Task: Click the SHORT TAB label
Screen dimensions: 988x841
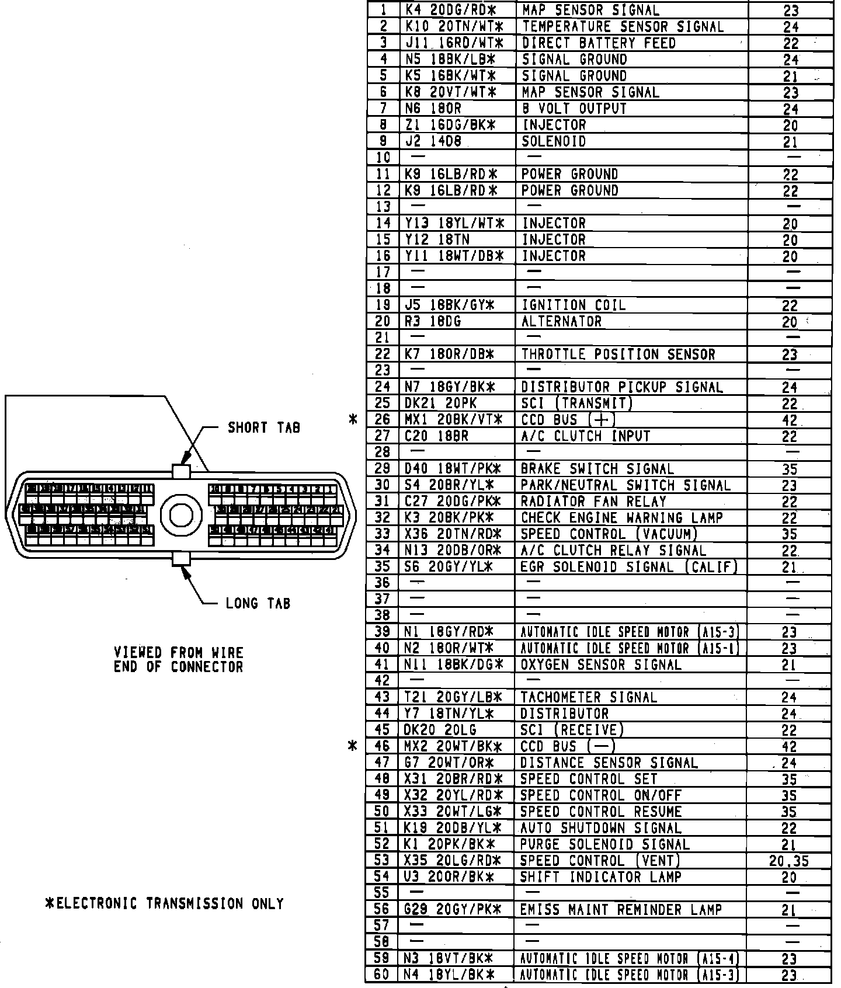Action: [x=263, y=428]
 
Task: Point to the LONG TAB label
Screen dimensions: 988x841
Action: [x=258, y=603]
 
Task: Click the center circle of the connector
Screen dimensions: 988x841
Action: [x=181, y=514]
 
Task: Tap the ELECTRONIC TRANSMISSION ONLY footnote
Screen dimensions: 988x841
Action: [x=165, y=903]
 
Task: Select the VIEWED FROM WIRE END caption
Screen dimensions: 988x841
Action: [x=178, y=660]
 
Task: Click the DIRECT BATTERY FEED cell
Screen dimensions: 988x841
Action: [x=599, y=43]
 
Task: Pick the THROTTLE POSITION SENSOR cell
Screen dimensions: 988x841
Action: [x=618, y=354]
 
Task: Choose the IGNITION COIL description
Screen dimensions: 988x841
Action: [x=573, y=305]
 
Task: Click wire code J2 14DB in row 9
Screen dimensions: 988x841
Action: [x=433, y=141]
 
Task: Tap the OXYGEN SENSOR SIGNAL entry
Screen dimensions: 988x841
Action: [x=601, y=665]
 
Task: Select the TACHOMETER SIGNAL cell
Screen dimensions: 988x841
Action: [x=589, y=697]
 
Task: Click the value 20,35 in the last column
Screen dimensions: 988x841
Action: [x=788, y=861]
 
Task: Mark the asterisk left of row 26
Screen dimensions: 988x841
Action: [x=353, y=419]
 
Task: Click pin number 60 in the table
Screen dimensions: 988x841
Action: [x=382, y=975]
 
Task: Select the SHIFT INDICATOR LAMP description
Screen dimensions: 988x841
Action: [x=600, y=877]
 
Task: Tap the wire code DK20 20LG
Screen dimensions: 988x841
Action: [x=440, y=730]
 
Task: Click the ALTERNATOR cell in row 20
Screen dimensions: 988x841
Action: [x=561, y=321]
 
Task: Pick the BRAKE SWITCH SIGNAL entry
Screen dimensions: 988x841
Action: [x=597, y=469]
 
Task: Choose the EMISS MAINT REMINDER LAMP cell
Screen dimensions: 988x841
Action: [x=621, y=910]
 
